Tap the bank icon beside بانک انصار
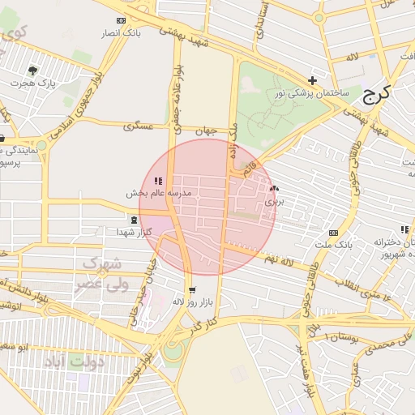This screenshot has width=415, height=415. (x=122, y=20)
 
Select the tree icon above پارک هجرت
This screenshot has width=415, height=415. (x=32, y=71)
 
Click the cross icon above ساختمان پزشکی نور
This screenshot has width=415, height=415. (x=312, y=80)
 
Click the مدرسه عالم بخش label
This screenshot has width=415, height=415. (x=158, y=194)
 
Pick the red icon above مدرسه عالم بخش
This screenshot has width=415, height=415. (x=157, y=181)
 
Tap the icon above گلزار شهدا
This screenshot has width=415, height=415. (x=134, y=220)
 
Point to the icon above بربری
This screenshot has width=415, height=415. (x=273, y=187)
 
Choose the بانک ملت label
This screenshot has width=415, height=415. (x=335, y=244)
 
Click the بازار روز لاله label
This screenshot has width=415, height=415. (x=191, y=302)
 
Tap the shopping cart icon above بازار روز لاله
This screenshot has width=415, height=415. (x=191, y=289)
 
